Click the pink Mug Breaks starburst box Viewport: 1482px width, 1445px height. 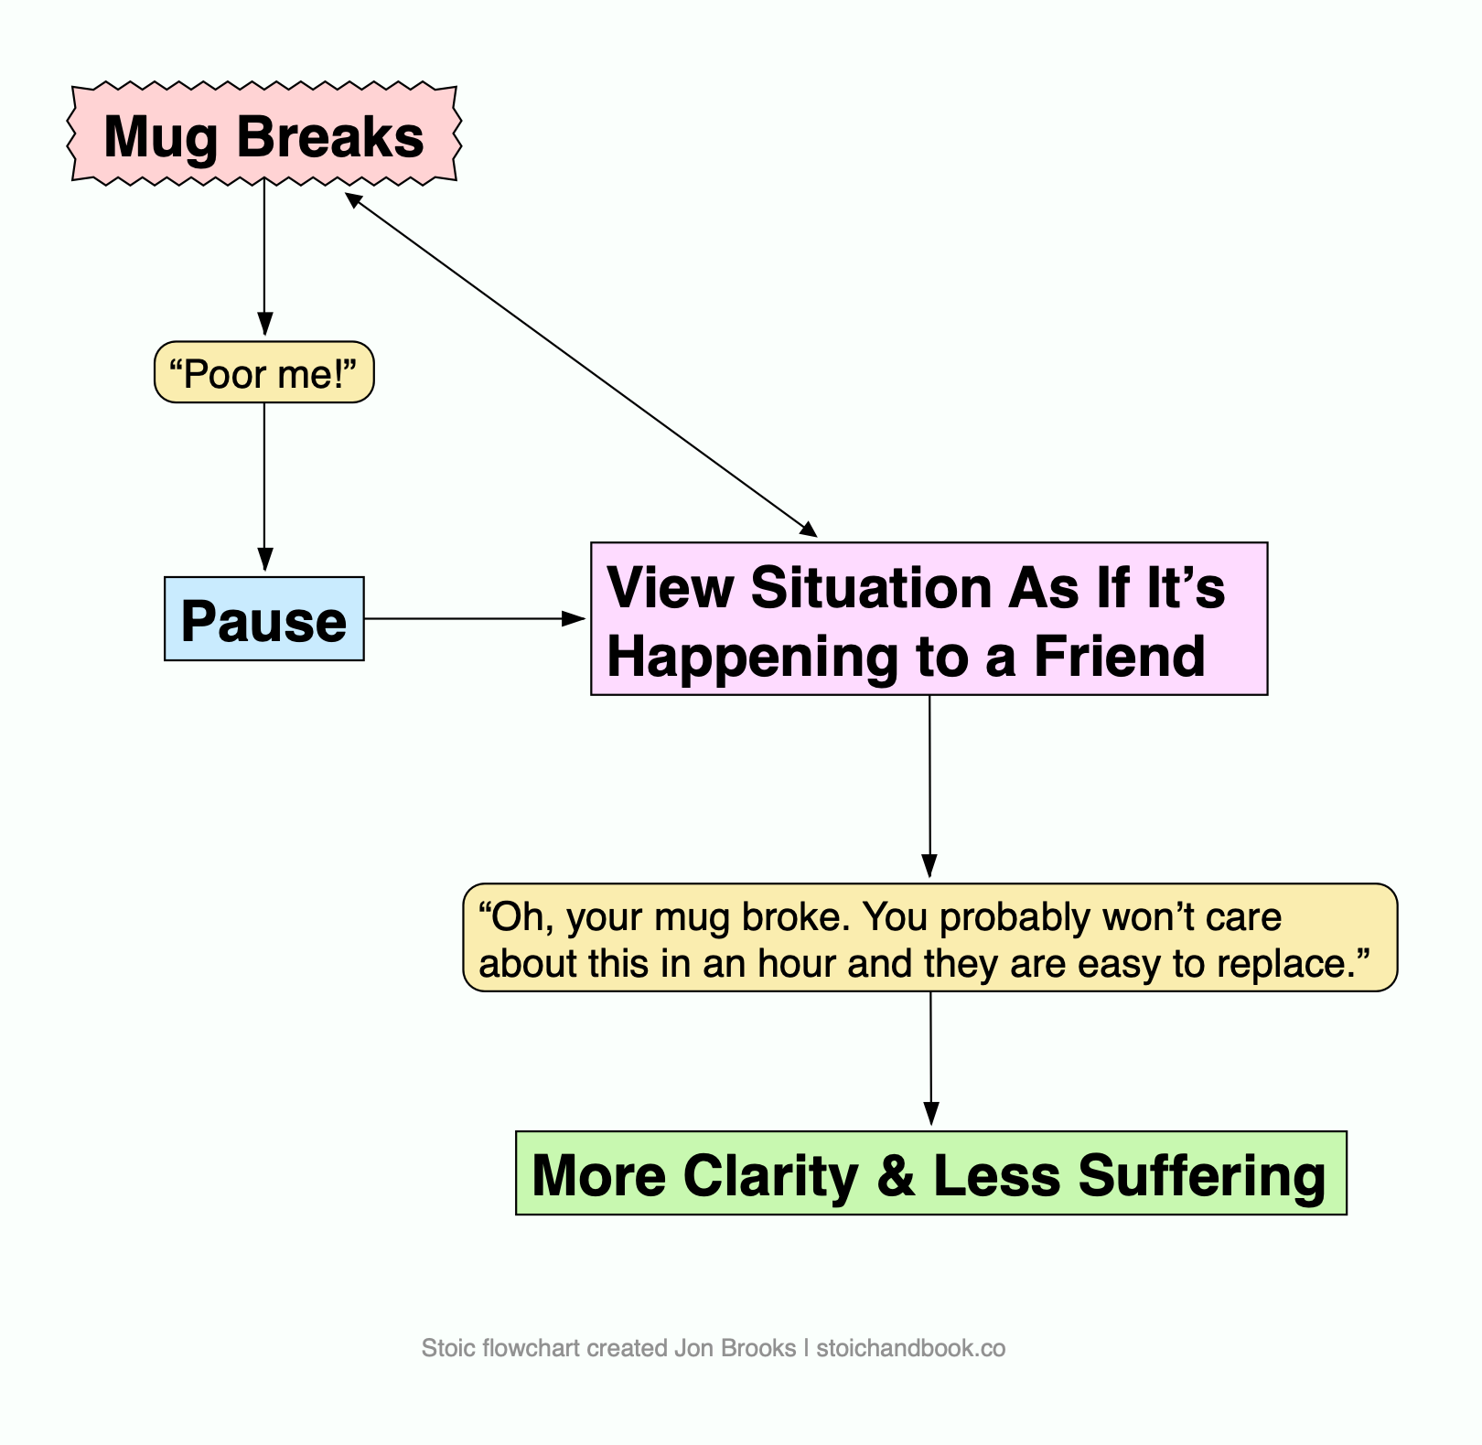pyautogui.click(x=263, y=135)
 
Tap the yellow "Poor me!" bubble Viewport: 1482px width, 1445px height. pyautogui.click(x=263, y=373)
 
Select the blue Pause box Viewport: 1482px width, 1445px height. pyautogui.click(x=263, y=619)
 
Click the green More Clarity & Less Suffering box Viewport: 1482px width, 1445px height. pyautogui.click(x=930, y=1173)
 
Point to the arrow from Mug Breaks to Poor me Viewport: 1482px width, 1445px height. pyautogui.click(x=264, y=256)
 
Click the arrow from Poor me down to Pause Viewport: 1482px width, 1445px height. pyautogui.click(x=264, y=485)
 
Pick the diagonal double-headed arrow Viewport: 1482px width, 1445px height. pyautogui.click(x=580, y=363)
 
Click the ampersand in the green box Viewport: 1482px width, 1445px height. pyautogui.click(x=896, y=1175)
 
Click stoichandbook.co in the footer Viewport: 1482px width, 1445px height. pyautogui.click(x=910, y=1348)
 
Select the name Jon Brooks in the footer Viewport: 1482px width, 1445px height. pyautogui.click(x=735, y=1348)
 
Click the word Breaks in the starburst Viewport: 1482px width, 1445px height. pyautogui.click(x=330, y=136)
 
